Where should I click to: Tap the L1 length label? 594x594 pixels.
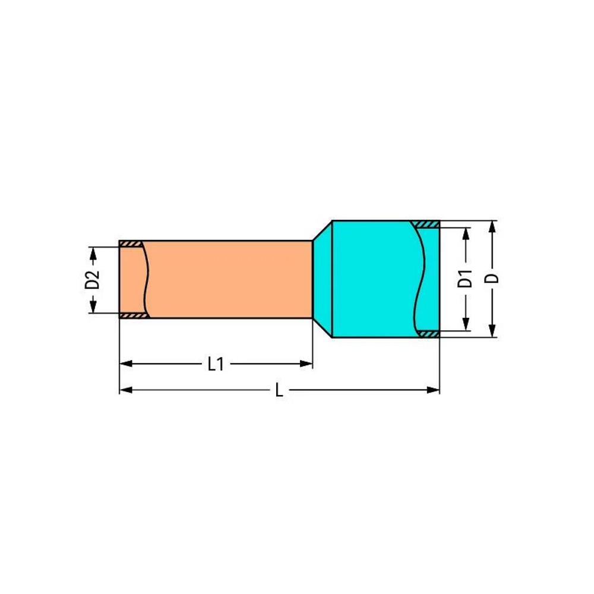pyautogui.click(x=216, y=364)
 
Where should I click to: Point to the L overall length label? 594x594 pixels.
pyautogui.click(x=279, y=390)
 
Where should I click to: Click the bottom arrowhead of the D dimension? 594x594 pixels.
pyautogui.click(x=492, y=331)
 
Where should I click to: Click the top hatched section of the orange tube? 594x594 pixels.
pyautogui.click(x=131, y=244)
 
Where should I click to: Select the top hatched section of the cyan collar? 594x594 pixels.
pyautogui.click(x=425, y=224)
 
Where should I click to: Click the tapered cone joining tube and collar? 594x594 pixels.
pyautogui.click(x=321, y=279)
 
